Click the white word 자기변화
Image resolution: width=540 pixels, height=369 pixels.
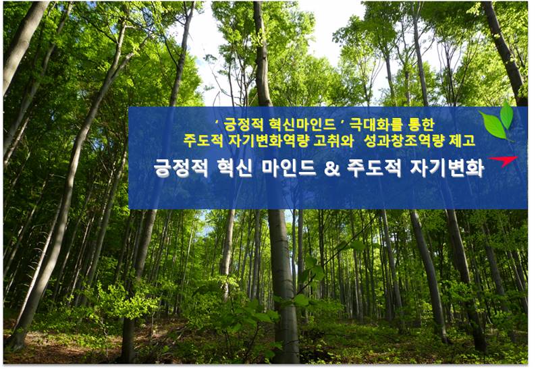(x=447, y=168)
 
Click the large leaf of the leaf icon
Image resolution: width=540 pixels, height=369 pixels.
(x=493, y=125)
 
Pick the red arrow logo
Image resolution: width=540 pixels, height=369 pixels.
(x=504, y=161)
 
